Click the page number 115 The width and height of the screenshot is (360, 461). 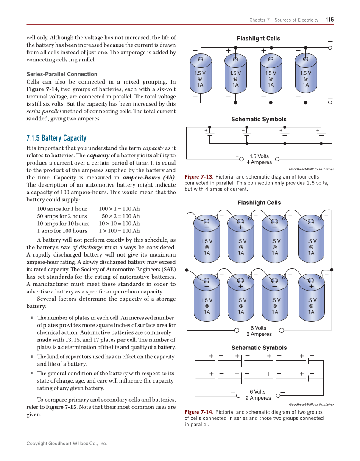point(329,20)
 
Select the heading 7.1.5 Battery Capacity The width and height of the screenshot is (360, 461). point(56,138)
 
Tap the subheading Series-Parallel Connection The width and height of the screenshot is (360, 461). point(62,74)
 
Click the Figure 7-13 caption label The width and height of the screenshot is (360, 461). point(198,177)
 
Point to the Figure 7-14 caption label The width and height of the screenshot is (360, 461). point(198,412)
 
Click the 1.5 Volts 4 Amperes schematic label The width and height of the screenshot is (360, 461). point(259,159)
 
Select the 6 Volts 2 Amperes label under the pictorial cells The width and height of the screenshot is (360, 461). point(259,331)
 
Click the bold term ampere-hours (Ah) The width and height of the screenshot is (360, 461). point(148,178)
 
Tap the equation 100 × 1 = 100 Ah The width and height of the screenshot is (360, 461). point(119,209)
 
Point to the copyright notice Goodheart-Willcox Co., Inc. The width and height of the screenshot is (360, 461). point(67,444)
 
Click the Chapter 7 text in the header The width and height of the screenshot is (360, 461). point(260,20)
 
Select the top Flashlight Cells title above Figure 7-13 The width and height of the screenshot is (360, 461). point(258,39)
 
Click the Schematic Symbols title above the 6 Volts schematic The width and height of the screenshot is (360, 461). point(259,348)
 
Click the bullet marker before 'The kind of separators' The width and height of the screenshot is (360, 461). point(32,357)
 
